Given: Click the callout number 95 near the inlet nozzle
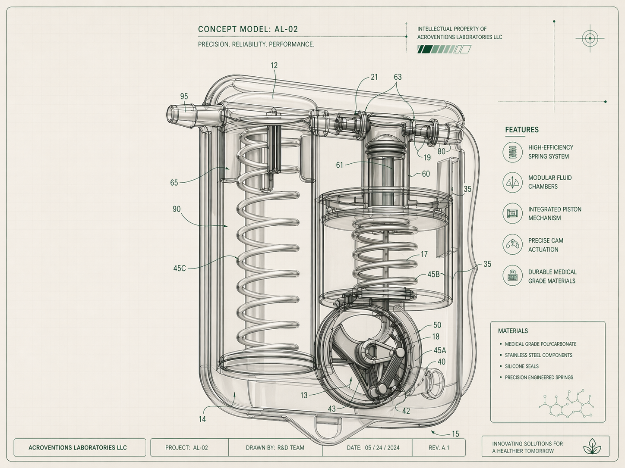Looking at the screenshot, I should [184, 97].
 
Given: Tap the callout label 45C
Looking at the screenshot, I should [180, 268].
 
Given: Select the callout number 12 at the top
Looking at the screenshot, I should [274, 66].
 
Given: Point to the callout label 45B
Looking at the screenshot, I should [433, 275].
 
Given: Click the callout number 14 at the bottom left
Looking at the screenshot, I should [202, 419].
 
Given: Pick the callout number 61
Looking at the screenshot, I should [340, 165].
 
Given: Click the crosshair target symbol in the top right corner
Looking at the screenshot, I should [590, 38].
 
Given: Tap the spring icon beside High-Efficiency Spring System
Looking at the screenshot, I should [512, 152].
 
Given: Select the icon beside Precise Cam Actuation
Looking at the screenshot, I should [512, 245].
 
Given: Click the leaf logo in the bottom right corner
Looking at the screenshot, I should [592, 446].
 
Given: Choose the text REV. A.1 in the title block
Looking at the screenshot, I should [439, 448].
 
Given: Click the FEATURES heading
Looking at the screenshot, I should [522, 130].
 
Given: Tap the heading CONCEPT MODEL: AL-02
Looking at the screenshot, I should [248, 29].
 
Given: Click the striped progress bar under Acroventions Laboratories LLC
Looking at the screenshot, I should [444, 50].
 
